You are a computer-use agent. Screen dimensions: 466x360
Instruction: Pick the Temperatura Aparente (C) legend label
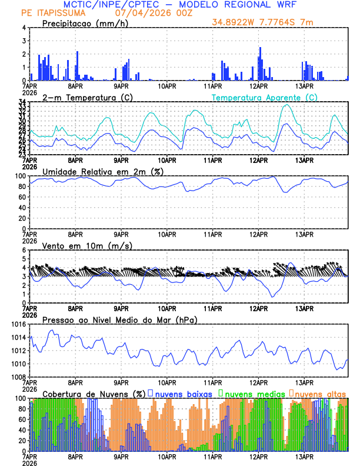264,97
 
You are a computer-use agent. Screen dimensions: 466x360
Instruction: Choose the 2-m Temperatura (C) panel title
87,97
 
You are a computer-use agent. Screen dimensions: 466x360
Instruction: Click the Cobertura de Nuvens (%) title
94,393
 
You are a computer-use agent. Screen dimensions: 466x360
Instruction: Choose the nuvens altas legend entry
320,393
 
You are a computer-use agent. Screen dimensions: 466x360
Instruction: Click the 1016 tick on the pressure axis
17,324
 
